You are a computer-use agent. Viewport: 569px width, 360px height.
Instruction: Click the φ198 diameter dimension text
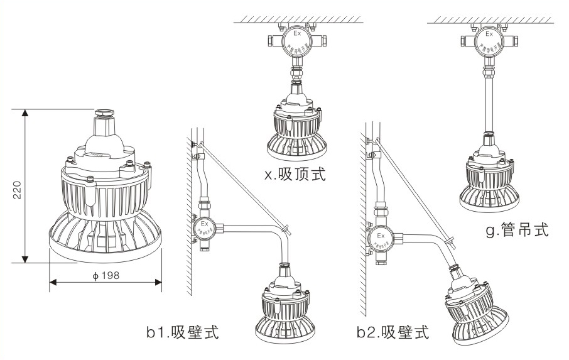pyautogui.click(x=105, y=275)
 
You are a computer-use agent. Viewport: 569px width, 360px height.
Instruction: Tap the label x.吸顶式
pyautogui.click(x=295, y=174)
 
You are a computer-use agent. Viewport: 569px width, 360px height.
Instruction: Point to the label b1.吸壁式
pyautogui.click(x=182, y=332)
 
